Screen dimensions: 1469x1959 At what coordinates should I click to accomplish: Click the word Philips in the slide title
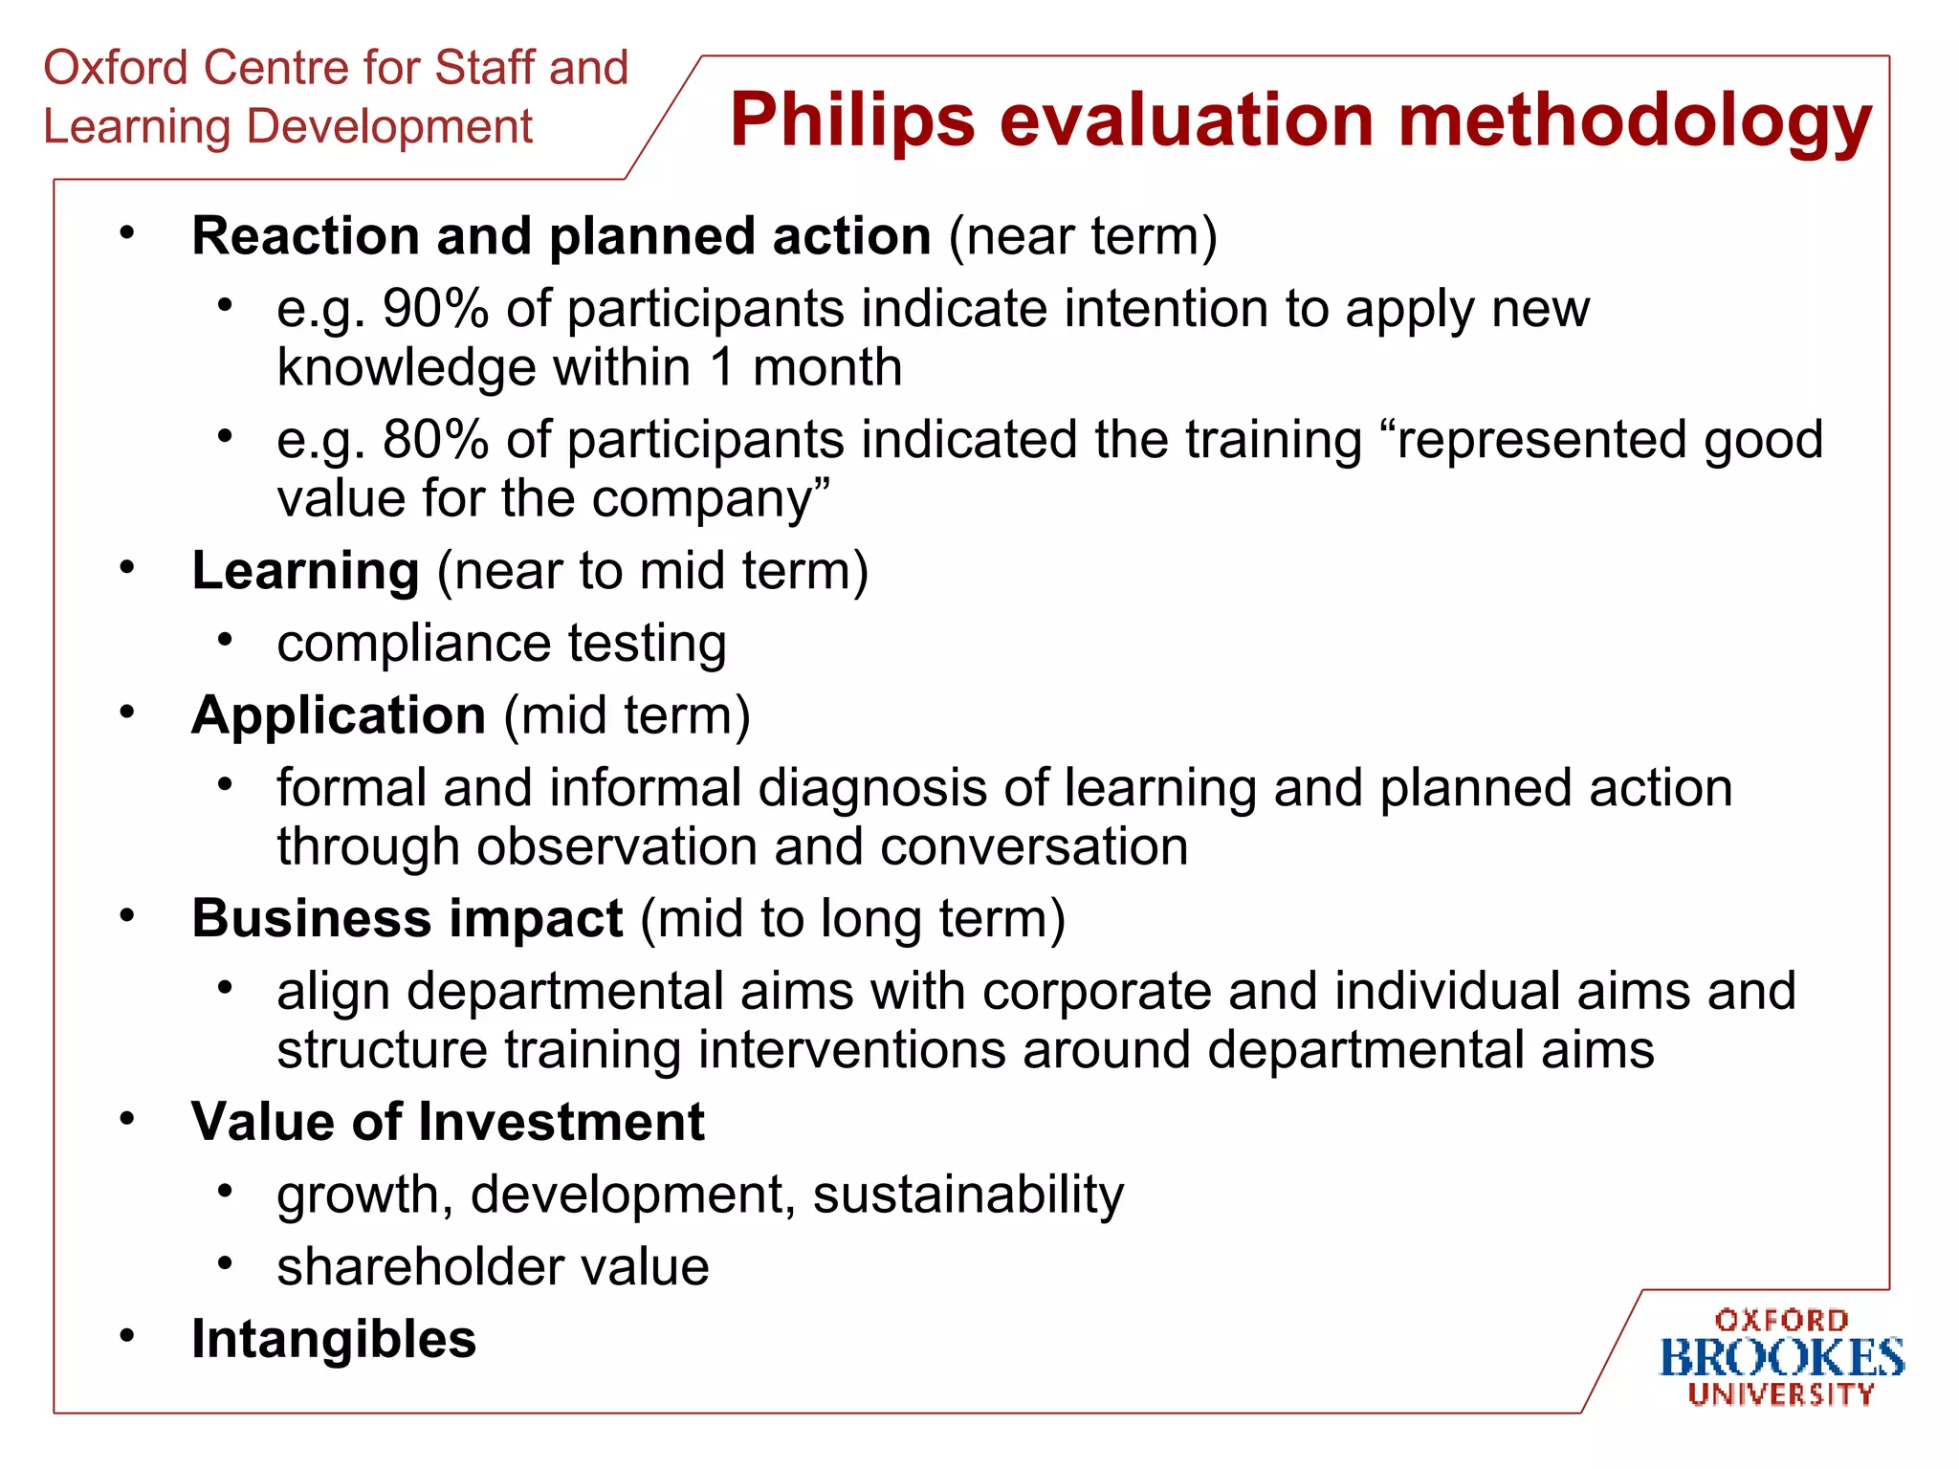(851, 121)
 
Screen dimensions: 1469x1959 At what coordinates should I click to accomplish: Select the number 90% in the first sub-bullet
(435, 309)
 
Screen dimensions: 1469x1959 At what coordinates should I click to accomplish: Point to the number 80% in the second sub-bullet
(435, 440)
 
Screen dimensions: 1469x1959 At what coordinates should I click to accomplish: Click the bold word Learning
(305, 571)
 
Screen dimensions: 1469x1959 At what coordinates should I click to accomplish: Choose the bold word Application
(339, 715)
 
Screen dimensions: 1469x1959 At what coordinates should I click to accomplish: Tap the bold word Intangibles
(333, 1339)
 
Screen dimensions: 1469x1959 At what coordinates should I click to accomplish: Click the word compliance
(413, 644)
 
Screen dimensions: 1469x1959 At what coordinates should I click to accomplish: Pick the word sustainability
(968, 1195)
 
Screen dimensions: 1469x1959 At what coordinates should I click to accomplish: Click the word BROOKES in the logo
(1781, 1358)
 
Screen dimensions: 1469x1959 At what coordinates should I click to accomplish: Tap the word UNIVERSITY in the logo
(1781, 1394)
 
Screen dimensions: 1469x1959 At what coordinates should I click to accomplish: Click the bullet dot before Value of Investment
(127, 1118)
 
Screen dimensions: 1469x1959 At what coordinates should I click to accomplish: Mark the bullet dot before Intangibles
(127, 1335)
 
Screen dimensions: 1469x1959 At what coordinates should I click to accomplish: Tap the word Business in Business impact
(311, 919)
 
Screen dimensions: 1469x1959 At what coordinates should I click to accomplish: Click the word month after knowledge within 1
(827, 368)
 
